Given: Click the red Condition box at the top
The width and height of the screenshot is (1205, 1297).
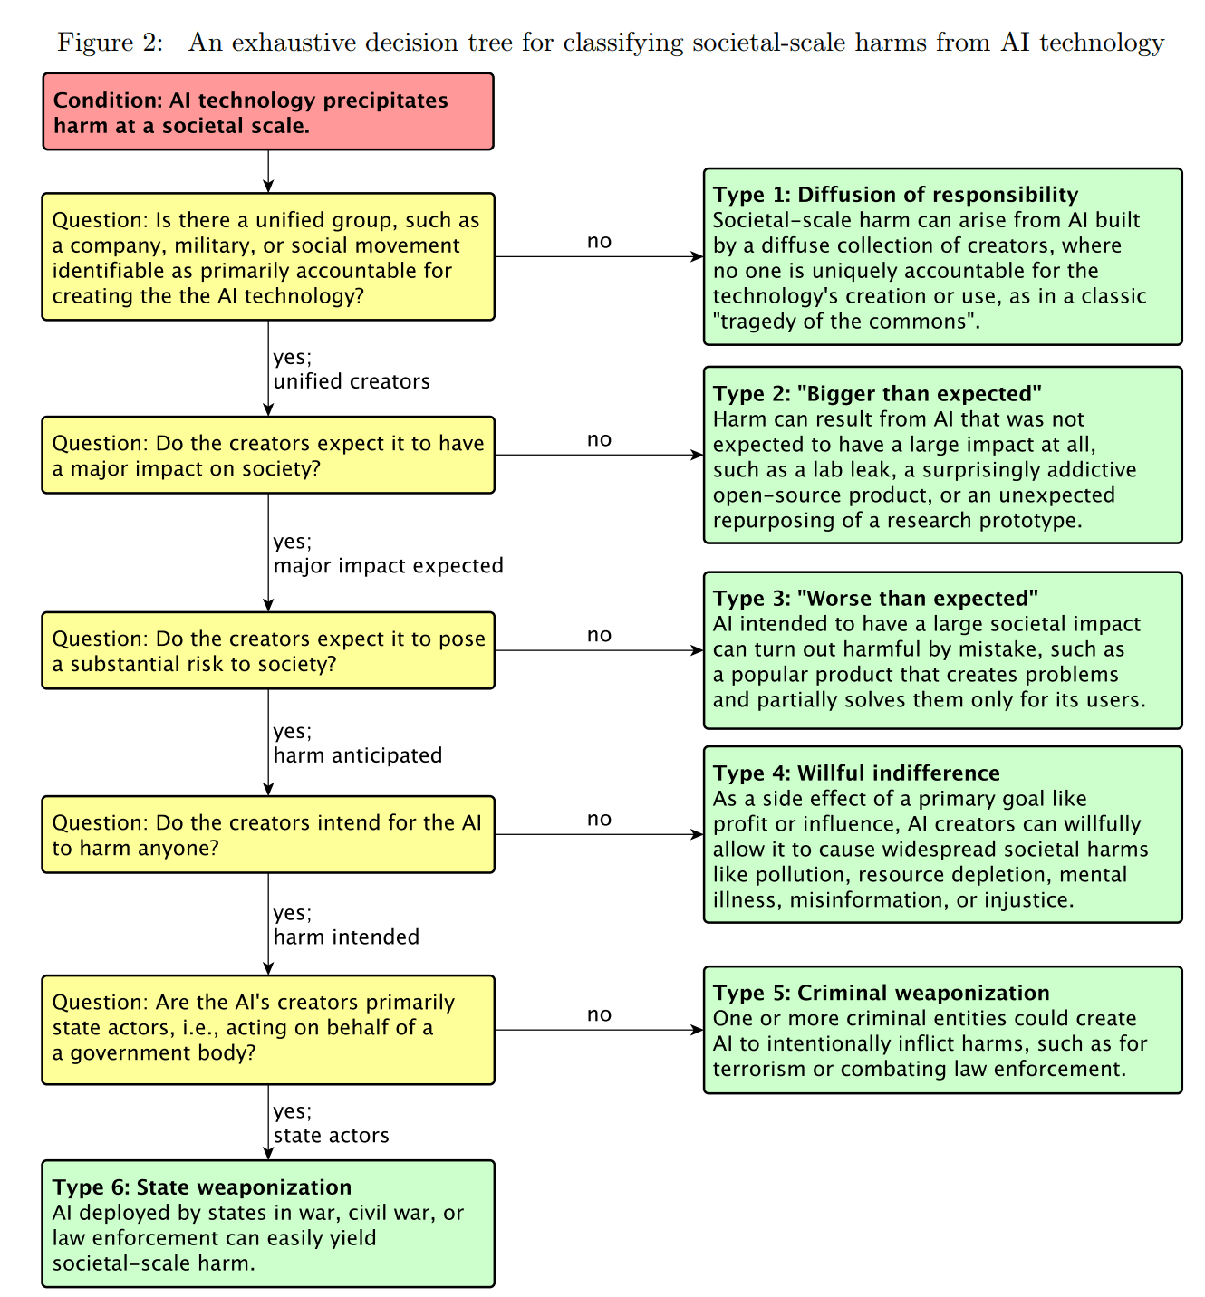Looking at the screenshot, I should (x=268, y=112).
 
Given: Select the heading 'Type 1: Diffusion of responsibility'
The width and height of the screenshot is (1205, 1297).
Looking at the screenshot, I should (x=895, y=195).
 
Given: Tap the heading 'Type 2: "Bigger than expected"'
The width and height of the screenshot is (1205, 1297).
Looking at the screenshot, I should (x=877, y=394).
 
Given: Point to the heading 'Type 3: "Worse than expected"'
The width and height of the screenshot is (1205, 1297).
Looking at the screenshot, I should (x=875, y=599).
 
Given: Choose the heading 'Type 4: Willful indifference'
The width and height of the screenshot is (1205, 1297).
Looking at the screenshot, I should (x=856, y=773).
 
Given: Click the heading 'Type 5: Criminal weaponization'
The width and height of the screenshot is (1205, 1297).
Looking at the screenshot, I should (x=881, y=993).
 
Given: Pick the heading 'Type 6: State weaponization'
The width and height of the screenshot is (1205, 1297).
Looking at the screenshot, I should (x=202, y=1187).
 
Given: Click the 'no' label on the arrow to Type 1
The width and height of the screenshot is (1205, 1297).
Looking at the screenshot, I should (x=599, y=242).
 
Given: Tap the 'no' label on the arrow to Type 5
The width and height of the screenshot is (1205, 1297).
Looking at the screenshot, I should (x=599, y=1014).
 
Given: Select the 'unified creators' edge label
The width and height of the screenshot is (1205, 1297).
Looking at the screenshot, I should (x=352, y=381).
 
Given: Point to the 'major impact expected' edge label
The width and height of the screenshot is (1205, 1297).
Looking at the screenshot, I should (x=388, y=566).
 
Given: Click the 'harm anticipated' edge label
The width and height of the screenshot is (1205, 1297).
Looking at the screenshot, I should (x=358, y=755).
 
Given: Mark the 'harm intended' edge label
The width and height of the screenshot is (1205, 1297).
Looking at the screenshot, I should (x=346, y=937).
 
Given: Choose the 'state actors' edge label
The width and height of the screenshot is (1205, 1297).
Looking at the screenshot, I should (x=332, y=1136).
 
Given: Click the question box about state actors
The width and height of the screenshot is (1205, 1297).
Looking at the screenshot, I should (x=268, y=1029).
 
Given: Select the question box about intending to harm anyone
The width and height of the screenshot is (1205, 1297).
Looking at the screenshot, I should (x=268, y=835).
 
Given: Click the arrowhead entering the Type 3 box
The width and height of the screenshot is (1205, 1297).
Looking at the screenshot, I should (x=698, y=650).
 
